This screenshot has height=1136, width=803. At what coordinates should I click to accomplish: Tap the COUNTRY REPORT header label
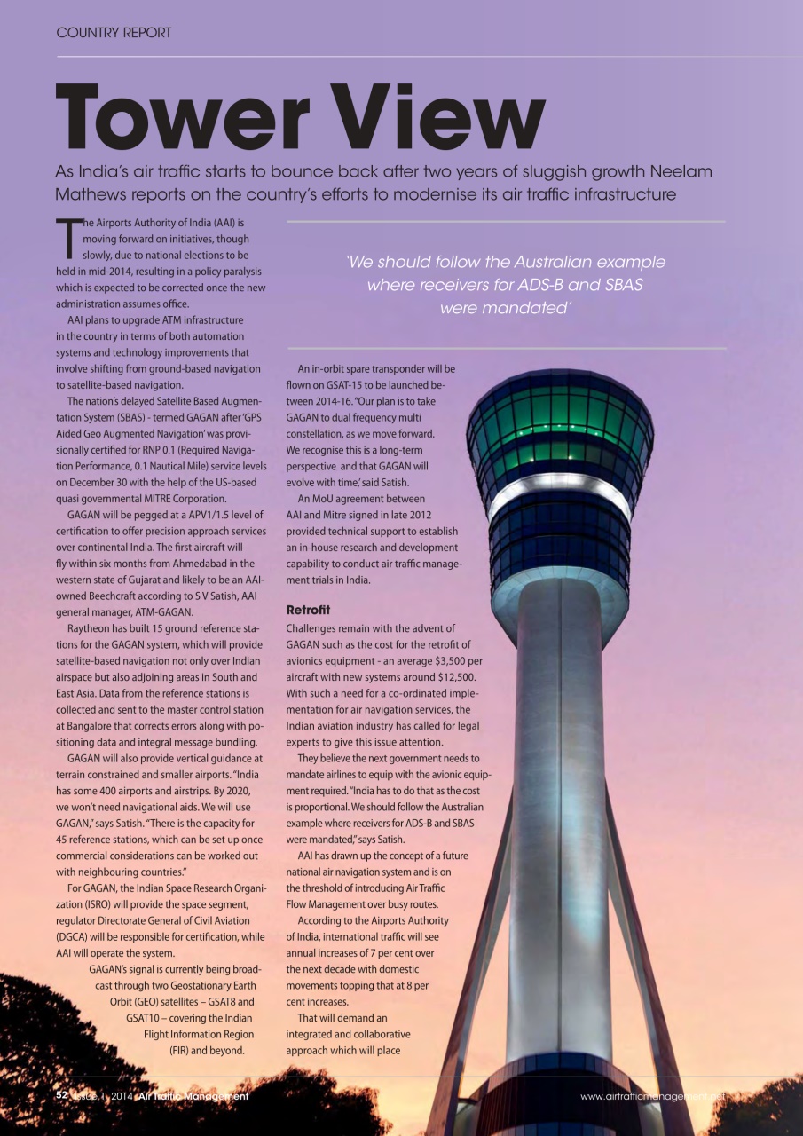(x=114, y=33)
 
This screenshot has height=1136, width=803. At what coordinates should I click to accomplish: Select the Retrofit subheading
(x=308, y=611)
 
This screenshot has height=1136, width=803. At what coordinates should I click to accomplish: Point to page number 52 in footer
(x=62, y=1096)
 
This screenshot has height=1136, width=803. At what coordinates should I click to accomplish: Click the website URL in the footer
(x=652, y=1097)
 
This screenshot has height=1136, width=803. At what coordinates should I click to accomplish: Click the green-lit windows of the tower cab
(x=560, y=417)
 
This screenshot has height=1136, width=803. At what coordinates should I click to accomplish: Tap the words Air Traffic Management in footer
(x=193, y=1097)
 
